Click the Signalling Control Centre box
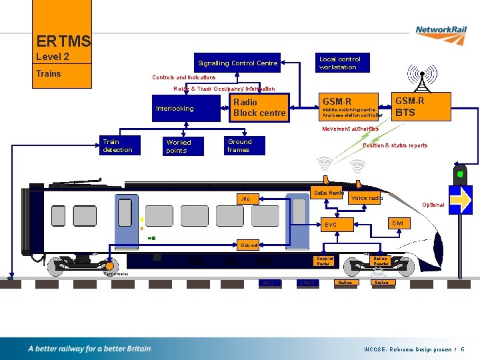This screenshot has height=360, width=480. [x=237, y=63]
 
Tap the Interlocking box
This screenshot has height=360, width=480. [x=175, y=109]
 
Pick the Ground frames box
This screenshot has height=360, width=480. [x=244, y=145]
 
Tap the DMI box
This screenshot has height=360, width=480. [x=397, y=223]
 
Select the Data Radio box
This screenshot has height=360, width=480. [x=328, y=194]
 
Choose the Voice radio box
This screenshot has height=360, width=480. [x=366, y=198]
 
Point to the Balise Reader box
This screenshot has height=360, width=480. [x=381, y=261]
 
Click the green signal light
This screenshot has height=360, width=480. [x=459, y=175]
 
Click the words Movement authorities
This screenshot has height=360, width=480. [x=350, y=129]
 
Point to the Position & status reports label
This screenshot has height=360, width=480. [x=395, y=145]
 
